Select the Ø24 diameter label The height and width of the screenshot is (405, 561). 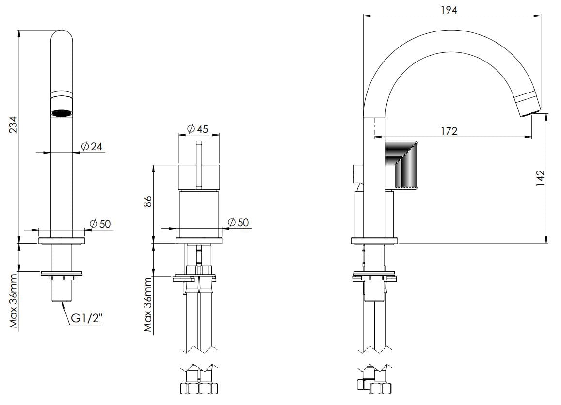coord(92,146)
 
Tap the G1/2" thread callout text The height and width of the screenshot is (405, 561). coord(87,319)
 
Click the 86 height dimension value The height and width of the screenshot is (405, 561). coord(149,202)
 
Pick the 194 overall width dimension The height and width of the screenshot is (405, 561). coord(449,10)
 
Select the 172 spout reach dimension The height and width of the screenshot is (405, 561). coord(449,131)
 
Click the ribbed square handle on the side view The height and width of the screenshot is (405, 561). coord(401,165)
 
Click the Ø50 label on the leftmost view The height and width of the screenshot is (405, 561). coord(101,223)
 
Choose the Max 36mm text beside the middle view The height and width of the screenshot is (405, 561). coord(149,304)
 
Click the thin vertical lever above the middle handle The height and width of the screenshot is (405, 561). coord(198,165)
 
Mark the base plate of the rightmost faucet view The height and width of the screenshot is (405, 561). coord(374,241)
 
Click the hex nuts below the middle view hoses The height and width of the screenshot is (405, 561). coord(199,388)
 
